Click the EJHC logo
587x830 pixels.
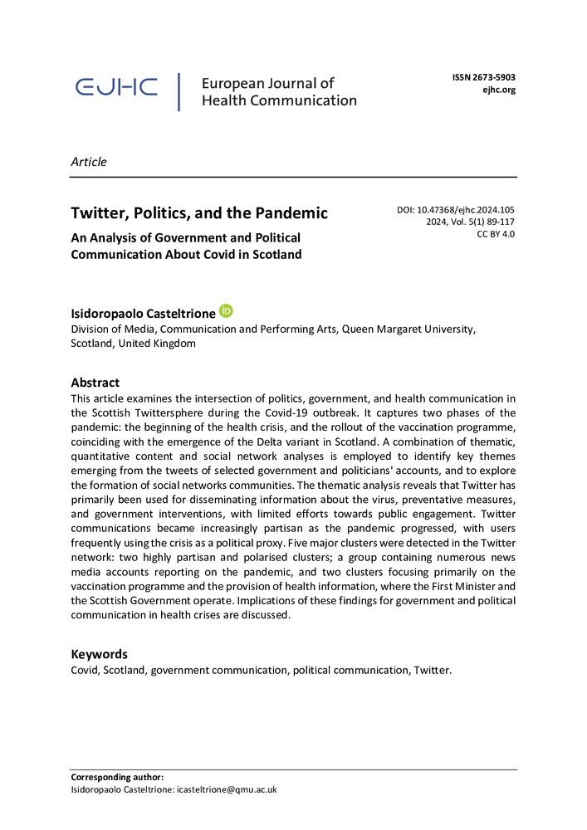pyautogui.click(x=115, y=88)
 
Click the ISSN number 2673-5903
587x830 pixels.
pyautogui.click(x=483, y=77)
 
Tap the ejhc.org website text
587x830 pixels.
pyautogui.click(x=499, y=90)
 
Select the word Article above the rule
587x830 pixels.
pyautogui.click(x=89, y=162)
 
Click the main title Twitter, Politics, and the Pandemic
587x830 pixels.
pyautogui.click(x=199, y=213)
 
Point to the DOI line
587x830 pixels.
pyautogui.click(x=457, y=210)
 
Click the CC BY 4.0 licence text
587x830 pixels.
pyautogui.click(x=496, y=235)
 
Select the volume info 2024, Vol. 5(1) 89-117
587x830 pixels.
pyautogui.click(x=471, y=222)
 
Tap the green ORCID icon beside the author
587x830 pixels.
pyautogui.click(x=226, y=311)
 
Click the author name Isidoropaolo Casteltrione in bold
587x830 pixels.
pyautogui.click(x=143, y=313)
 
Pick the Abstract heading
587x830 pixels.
pyautogui.click(x=95, y=383)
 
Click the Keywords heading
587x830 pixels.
pyautogui.click(x=99, y=653)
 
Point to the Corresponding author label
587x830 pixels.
pyautogui.click(x=117, y=777)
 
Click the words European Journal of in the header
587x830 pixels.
pyautogui.click(x=267, y=83)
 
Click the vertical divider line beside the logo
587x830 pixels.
pyautogui.click(x=179, y=91)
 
